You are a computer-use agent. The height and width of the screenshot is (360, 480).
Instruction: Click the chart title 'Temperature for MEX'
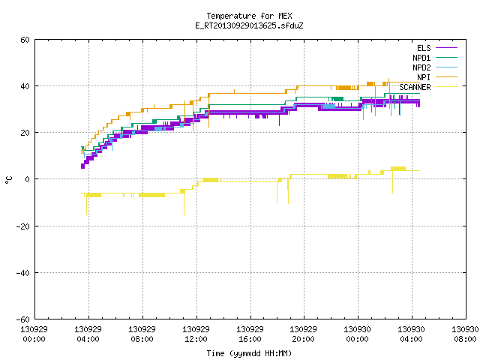[x=249, y=16]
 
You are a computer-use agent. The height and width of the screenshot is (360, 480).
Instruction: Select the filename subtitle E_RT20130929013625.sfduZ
[x=249, y=25]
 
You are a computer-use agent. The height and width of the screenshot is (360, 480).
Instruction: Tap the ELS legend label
[x=424, y=48]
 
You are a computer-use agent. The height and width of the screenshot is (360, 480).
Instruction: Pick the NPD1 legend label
[x=421, y=58]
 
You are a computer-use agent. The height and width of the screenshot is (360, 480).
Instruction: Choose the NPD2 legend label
[x=421, y=67]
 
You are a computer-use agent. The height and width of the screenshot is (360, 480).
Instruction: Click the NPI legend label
[x=424, y=77]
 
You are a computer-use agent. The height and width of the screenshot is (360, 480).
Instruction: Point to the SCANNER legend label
[x=415, y=87]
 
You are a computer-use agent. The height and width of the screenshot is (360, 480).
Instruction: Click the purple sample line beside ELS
[x=447, y=48]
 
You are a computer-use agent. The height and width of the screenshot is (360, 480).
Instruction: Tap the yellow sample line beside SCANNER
[x=447, y=87]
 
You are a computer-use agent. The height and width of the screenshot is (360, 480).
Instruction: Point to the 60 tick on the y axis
[x=25, y=40]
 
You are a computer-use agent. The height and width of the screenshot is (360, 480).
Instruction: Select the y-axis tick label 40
[x=25, y=86]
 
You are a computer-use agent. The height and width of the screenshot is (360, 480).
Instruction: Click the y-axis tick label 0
[x=28, y=179]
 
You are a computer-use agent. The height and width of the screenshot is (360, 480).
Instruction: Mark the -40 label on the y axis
[x=23, y=273]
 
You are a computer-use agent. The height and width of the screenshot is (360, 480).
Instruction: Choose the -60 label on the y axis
[x=23, y=319]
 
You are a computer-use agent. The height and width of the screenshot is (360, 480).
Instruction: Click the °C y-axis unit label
[x=8, y=180]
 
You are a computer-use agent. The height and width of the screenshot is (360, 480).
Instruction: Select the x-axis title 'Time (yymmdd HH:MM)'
[x=249, y=353]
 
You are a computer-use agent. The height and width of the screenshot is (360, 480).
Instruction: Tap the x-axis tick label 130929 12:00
[x=196, y=334]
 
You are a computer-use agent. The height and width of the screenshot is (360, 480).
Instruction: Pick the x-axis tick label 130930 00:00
[x=357, y=334]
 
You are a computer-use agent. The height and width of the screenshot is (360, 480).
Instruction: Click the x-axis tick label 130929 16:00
[x=250, y=334]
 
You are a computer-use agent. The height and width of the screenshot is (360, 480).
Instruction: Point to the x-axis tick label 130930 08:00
[x=465, y=334]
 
